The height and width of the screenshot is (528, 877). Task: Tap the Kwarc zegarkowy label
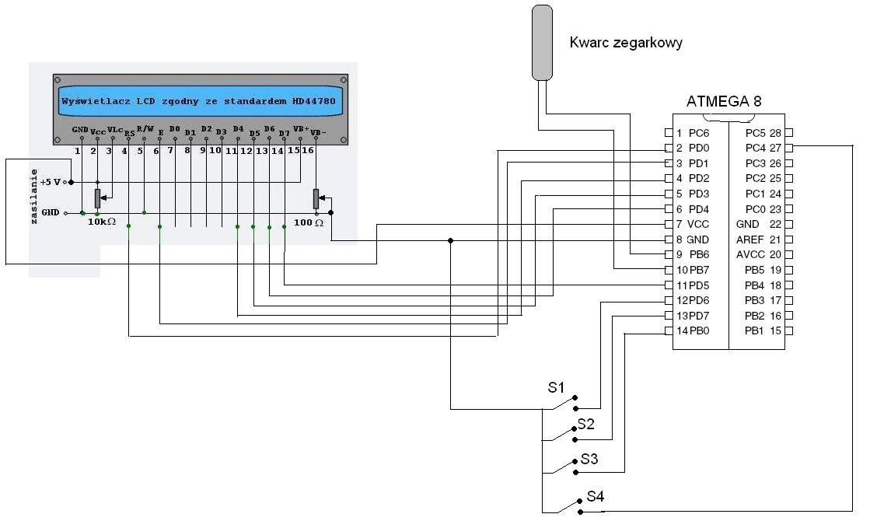[x=626, y=43]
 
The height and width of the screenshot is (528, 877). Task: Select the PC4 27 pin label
[x=763, y=148]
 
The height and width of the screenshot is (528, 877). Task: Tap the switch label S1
[x=557, y=386]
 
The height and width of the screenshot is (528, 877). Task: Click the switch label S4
[x=596, y=496]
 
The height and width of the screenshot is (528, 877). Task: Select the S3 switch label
[x=589, y=459]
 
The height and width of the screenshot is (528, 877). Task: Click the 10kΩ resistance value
[x=102, y=222]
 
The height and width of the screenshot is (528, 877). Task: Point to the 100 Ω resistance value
[x=309, y=222]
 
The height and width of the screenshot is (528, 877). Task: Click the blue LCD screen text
[x=201, y=101]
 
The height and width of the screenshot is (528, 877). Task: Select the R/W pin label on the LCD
[x=145, y=128]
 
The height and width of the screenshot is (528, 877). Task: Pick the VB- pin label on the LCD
[x=317, y=133]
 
